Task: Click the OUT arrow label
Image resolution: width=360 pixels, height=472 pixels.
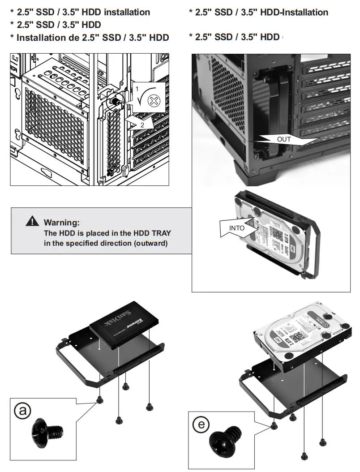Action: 284,139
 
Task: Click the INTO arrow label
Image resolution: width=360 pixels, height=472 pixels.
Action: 237,228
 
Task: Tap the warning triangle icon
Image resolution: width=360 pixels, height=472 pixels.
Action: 32,221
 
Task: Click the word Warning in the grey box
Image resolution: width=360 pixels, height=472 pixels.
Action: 62,222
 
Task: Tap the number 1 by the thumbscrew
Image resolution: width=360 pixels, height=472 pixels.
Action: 137,90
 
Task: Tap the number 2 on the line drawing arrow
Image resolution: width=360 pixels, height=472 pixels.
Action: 142,125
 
